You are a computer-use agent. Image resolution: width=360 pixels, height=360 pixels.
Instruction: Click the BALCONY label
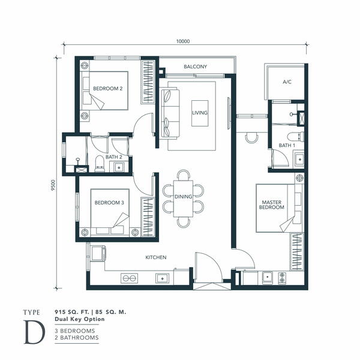[196, 67]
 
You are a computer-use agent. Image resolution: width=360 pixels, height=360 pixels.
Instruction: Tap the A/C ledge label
[287, 82]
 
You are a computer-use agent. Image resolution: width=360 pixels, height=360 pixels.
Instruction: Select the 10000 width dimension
[183, 41]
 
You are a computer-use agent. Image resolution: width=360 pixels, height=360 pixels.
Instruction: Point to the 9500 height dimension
[53, 185]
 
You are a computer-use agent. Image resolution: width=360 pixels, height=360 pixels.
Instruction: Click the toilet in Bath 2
[100, 164]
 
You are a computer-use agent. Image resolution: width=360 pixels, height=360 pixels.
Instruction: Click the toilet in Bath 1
[296, 136]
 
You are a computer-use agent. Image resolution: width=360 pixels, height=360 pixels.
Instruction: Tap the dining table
[183, 199]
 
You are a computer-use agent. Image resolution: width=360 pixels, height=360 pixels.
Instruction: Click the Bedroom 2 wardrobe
[148, 82]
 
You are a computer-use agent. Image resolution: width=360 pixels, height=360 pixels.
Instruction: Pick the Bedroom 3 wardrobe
[148, 217]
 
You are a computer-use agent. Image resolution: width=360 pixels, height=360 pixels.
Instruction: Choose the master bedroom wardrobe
[297, 251]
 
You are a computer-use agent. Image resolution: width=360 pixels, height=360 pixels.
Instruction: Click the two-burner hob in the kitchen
[129, 278]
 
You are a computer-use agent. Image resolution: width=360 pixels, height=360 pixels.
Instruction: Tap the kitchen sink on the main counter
[163, 278]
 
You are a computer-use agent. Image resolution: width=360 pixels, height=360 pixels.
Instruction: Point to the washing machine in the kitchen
[98, 253]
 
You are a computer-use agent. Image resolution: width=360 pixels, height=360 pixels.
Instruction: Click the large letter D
[34, 332]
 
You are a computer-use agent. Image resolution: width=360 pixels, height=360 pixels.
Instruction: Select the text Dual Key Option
[80, 319]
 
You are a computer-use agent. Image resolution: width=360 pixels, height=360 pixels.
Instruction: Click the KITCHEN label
[156, 257]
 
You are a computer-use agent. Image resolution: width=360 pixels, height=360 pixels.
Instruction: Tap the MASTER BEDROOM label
[272, 205]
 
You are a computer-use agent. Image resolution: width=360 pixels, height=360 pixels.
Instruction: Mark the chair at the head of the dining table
[184, 175]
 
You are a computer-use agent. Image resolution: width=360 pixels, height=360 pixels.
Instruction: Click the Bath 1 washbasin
[299, 159]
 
